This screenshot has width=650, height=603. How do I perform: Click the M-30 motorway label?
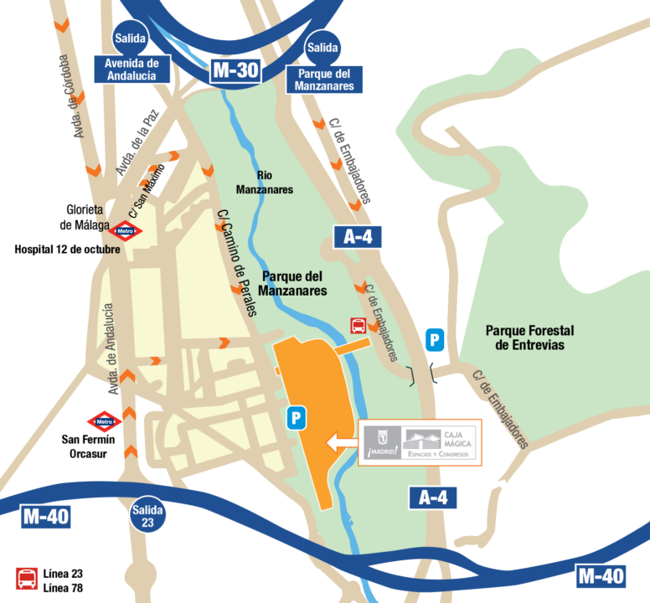coord(235,70)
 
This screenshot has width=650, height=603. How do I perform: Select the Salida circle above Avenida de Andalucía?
coord(130,38)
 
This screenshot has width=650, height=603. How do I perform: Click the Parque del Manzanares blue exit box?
coord(322,79)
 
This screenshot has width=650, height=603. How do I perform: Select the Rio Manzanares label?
coord(276,183)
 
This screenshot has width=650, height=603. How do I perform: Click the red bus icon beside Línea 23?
coord(27,579)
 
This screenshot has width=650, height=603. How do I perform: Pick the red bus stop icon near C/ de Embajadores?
coord(359,326)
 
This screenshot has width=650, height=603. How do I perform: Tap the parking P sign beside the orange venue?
coord(295,418)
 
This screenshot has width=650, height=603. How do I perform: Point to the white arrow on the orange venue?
coord(343,442)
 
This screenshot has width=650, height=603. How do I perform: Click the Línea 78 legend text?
coord(64,587)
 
